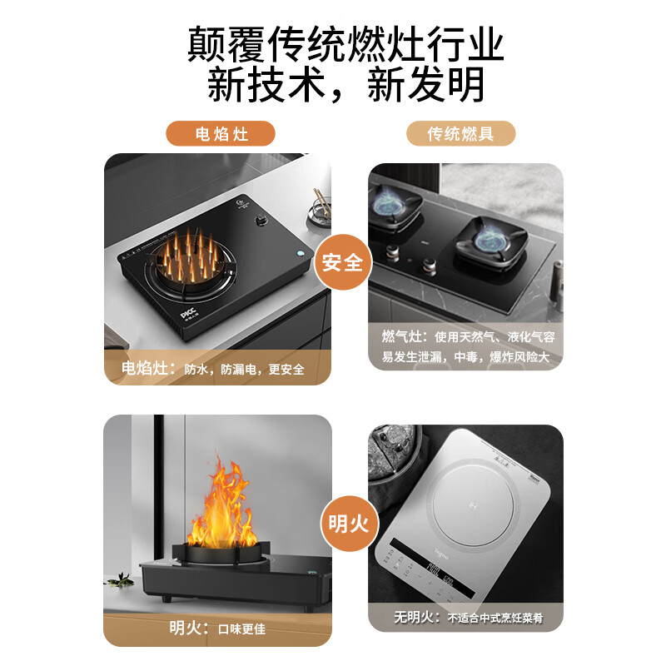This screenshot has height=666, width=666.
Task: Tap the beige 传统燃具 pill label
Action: coord(460,133)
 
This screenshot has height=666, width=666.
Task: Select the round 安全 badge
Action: coord(342,261)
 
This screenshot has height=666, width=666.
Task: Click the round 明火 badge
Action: coord(342,524)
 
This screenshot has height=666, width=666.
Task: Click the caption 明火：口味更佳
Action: coord(217,629)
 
